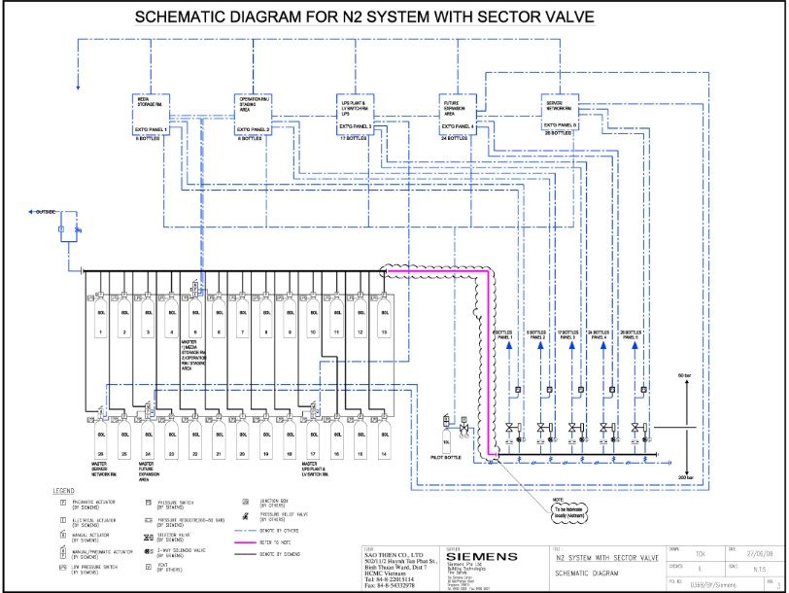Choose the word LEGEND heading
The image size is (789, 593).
point(64,490)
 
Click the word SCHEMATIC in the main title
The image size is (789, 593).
point(191,18)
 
